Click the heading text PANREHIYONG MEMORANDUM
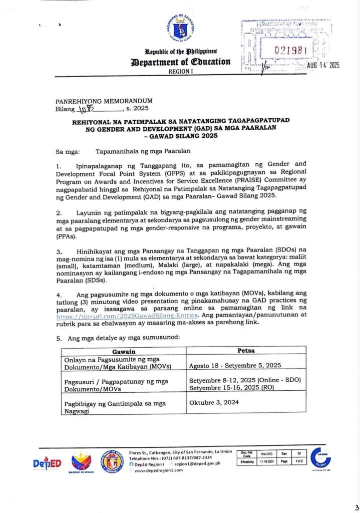click(x=104, y=101)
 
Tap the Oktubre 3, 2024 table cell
click(x=214, y=402)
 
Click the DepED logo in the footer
click(x=47, y=464)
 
